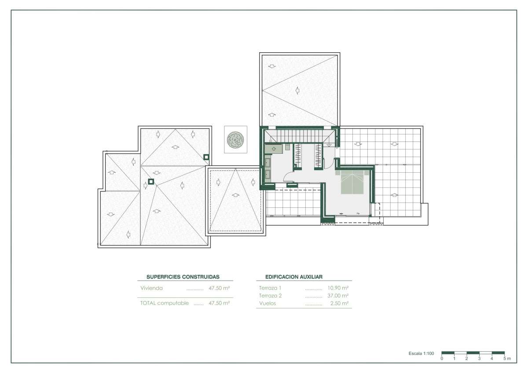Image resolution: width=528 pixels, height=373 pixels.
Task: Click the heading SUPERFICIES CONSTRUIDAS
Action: pyautogui.click(x=183, y=277)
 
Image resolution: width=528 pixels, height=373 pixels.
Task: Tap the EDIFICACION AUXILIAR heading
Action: pyautogui.click(x=294, y=277)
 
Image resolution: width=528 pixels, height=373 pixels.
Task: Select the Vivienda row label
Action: pyautogui.click(x=151, y=288)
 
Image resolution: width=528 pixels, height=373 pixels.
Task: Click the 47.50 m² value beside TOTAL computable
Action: pyautogui.click(x=219, y=303)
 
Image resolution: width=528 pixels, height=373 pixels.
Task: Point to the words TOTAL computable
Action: pyautogui.click(x=164, y=303)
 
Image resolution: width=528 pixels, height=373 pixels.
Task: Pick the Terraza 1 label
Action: pyautogui.click(x=270, y=288)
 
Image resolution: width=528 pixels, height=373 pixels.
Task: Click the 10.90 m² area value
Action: pyautogui.click(x=338, y=288)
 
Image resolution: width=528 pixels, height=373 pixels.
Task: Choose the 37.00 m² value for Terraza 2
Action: pyautogui.click(x=338, y=296)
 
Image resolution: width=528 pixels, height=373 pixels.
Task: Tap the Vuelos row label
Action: pyautogui.click(x=268, y=303)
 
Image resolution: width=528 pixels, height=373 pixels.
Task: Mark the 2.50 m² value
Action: pyautogui.click(x=339, y=303)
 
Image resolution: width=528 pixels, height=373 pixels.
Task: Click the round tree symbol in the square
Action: pyautogui.click(x=235, y=140)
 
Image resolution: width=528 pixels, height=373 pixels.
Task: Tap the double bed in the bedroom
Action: pyautogui.click(x=352, y=182)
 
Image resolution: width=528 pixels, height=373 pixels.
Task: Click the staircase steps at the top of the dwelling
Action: pyautogui.click(x=299, y=136)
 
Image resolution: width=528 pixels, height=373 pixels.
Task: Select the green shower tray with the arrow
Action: pyautogui.click(x=273, y=149)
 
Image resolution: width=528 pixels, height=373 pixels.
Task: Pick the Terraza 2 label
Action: pyautogui.click(x=270, y=296)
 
